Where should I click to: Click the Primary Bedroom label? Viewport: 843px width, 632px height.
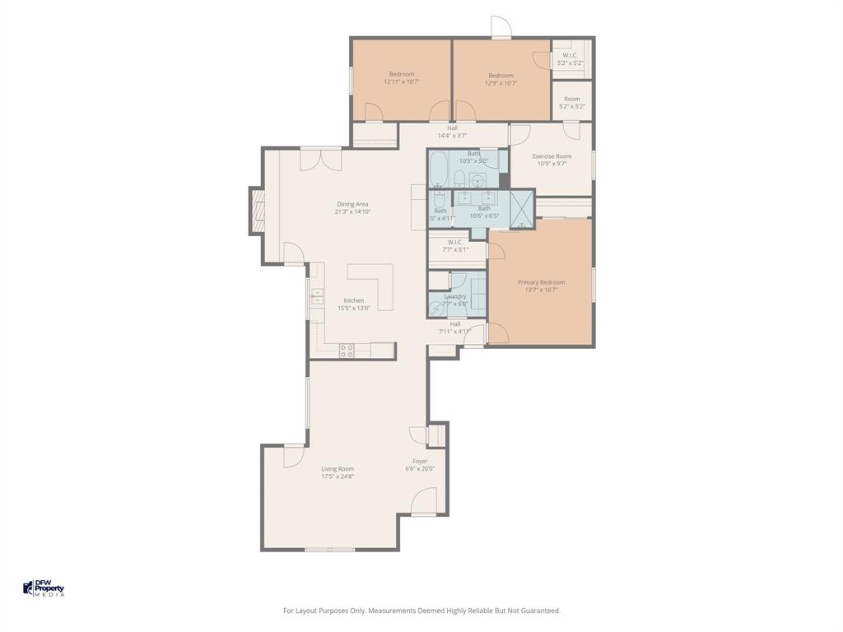coord(541,282)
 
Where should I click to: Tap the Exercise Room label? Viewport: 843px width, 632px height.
coord(552,156)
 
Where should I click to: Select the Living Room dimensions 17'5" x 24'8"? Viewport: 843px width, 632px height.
coord(338,476)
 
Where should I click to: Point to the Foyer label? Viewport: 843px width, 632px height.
coord(420,462)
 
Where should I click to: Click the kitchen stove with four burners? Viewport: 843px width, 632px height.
coord(347,351)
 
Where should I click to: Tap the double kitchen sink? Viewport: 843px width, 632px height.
coord(316,297)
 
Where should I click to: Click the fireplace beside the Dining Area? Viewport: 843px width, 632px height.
coord(258,211)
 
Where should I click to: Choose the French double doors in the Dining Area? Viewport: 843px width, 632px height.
coord(320,159)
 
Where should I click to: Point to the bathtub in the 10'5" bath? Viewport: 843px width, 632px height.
coord(438,169)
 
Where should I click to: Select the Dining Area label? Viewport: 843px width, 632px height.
coord(352,204)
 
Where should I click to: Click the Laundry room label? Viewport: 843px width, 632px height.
coord(455,296)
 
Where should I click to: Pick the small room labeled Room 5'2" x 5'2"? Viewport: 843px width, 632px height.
coord(571,100)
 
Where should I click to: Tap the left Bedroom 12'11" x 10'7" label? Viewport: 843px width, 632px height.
coord(402,74)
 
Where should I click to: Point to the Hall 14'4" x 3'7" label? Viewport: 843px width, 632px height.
coord(452,128)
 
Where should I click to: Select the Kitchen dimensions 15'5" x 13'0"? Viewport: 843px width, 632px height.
coord(354,308)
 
